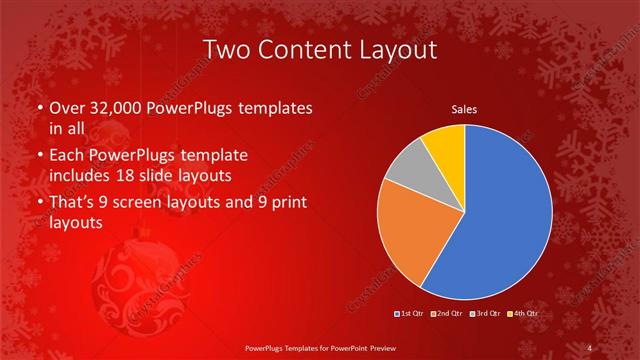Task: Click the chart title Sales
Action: click(x=464, y=108)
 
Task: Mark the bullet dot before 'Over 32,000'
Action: click(x=39, y=108)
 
